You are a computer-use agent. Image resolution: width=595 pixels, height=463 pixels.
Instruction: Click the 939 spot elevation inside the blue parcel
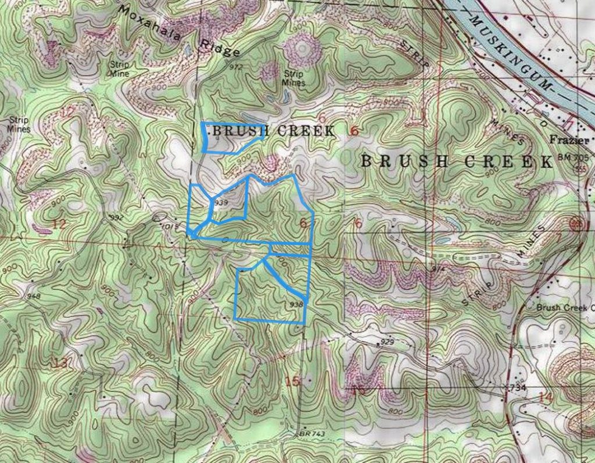click(x=220, y=203)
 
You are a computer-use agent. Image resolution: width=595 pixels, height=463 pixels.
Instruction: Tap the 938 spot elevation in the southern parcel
click(x=296, y=304)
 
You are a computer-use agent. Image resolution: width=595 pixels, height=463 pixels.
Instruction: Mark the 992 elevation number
click(x=117, y=217)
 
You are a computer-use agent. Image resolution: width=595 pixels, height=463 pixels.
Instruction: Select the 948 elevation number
click(x=33, y=296)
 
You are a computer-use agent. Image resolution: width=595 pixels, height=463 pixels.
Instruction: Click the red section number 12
click(x=58, y=224)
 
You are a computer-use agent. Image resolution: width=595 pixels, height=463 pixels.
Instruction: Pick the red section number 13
click(x=59, y=364)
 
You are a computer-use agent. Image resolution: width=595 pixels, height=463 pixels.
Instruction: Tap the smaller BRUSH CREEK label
click(x=273, y=131)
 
